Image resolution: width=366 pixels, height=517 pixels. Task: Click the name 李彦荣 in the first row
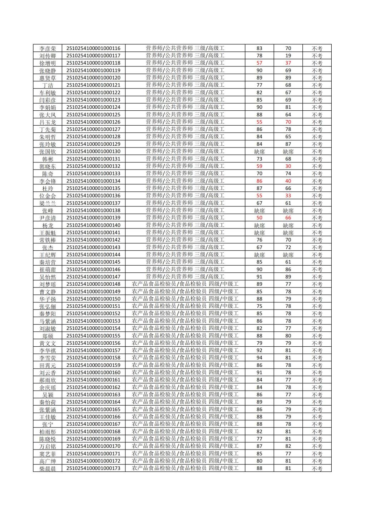pos(48,49)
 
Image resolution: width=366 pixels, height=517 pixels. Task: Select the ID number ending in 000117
pos(93,56)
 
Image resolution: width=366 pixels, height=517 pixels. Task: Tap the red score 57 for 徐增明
pos(259,63)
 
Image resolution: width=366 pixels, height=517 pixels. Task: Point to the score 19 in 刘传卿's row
pos(288,56)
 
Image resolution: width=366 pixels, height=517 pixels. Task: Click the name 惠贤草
pos(48,78)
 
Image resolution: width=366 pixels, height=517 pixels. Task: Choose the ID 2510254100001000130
pos(93,151)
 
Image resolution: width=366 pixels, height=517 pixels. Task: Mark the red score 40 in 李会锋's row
pos(288,181)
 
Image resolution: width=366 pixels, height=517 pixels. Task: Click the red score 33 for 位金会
pos(288,196)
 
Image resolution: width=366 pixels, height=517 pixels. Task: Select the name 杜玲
pos(48,189)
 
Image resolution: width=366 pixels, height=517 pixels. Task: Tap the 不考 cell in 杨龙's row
pos(317,225)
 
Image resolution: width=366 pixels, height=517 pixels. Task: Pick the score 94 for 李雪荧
pos(259,358)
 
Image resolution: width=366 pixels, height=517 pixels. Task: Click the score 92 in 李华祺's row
pos(259,351)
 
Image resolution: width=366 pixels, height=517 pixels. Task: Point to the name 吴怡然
pos(48,277)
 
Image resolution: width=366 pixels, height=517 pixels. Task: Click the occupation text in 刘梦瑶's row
pos(185,284)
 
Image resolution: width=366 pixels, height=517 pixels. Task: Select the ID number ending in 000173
pos(93,468)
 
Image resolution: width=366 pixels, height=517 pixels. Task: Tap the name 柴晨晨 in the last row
pos(48,468)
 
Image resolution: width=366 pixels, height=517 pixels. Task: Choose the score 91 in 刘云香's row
pos(259,372)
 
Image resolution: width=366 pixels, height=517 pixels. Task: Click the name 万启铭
pos(48,446)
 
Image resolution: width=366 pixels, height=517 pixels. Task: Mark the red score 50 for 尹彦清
pos(259,218)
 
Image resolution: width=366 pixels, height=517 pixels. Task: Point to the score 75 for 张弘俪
pos(259,306)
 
